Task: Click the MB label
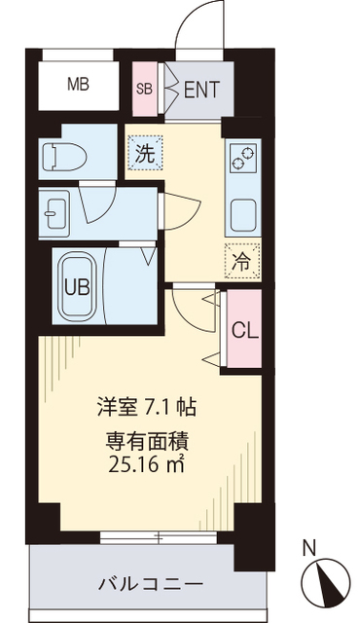coord(78,85)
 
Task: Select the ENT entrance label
coord(201,91)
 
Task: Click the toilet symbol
coord(64,155)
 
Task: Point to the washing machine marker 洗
coord(144,152)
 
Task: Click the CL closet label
coord(244,330)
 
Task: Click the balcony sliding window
coord(147,535)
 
